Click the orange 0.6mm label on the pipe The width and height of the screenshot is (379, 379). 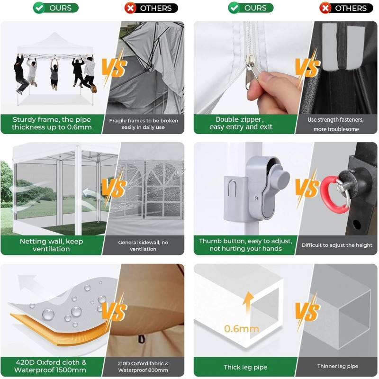[x=241, y=328]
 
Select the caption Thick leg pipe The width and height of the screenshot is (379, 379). [x=245, y=367]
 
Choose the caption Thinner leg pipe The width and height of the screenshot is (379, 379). [x=337, y=366]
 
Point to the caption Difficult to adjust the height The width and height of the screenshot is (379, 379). [x=337, y=245]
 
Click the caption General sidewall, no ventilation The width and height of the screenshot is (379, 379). [x=143, y=245]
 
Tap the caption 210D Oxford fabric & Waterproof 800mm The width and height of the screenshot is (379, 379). [x=143, y=367]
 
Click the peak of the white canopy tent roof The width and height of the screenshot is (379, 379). [x=55, y=33]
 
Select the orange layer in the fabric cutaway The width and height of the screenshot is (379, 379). [x=58, y=330]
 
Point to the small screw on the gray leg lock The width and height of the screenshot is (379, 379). [x=256, y=199]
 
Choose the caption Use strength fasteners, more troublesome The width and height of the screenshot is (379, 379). [x=336, y=124]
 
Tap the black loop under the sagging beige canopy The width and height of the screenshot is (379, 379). [x=141, y=339]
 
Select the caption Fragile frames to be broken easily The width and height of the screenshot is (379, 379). [x=144, y=124]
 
